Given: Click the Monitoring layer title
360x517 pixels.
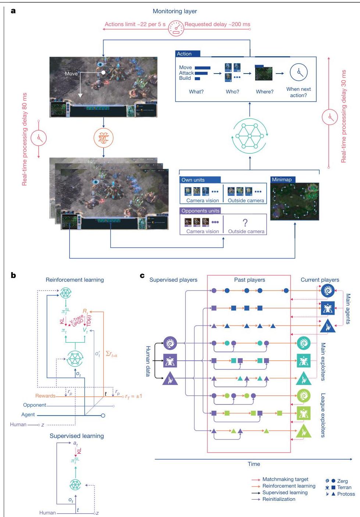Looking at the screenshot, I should pos(175,11).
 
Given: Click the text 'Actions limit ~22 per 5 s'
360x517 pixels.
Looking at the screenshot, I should pos(135,24).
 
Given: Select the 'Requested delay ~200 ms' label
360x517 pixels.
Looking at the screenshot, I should pos(217,24).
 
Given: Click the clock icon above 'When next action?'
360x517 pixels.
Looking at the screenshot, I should pos(298,73).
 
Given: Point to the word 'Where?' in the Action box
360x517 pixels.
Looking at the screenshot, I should pos(264,92).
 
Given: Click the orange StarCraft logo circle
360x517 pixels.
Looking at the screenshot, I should pos(103,138).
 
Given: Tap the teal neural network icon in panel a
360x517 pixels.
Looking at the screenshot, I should pos(250,136).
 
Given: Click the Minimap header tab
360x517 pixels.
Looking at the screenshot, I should pos(282,179).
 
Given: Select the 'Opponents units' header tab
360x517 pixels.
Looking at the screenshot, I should pos(200,211).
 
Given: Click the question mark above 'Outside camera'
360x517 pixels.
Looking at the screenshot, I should pos(245,222).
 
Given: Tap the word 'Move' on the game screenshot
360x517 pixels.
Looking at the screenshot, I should pos(71,74).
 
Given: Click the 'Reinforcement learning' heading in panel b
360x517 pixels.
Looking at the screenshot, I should pos(75,280).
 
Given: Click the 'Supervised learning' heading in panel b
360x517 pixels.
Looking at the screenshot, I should pos(76,436).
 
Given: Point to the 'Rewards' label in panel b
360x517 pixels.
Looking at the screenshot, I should pos(45,396).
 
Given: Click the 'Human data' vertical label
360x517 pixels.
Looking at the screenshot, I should pos(148,361).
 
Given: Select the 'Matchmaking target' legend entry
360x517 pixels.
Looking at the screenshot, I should pos(285,479).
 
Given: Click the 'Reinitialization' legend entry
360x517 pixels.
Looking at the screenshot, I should pos(278,499).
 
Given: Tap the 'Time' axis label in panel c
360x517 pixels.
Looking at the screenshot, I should pos(254,464).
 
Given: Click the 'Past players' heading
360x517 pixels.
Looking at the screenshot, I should pos(249,280).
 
